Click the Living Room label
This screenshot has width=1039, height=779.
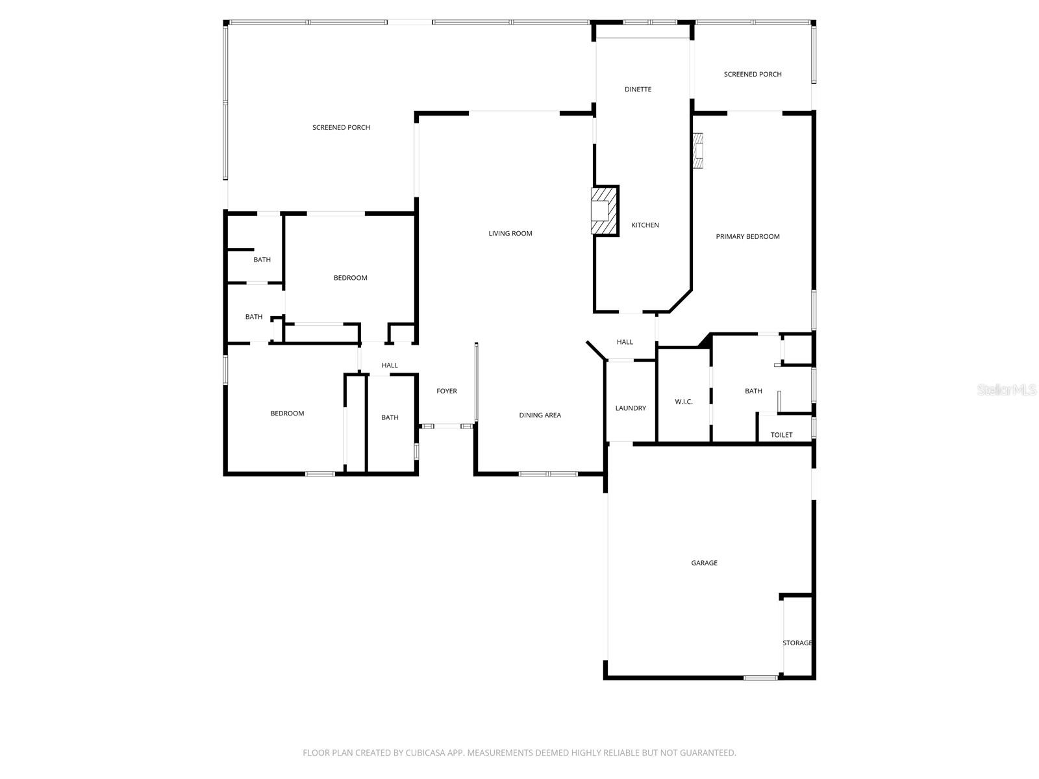tap(510, 234)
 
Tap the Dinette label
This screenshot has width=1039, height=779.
tap(638, 90)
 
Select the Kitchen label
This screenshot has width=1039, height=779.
tap(645, 225)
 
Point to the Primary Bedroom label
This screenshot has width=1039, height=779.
tap(747, 237)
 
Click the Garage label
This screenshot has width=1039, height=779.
tap(704, 563)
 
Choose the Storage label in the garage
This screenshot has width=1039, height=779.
tap(797, 643)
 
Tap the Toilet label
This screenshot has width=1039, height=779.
tap(781, 435)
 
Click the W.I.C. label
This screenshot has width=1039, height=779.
tap(684, 402)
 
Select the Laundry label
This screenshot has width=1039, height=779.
tap(631, 408)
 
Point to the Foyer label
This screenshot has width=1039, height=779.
tap(447, 391)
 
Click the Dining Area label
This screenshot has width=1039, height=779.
tap(540, 415)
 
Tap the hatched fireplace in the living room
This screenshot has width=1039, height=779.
tap(604, 211)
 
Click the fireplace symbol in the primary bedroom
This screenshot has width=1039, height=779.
tap(698, 151)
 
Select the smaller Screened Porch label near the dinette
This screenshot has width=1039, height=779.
tap(753, 75)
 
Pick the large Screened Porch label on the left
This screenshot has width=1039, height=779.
tap(341, 128)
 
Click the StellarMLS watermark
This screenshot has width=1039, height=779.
tap(1007, 390)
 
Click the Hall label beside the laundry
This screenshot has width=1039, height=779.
tap(625, 342)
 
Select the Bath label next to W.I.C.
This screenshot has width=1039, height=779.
tap(753, 391)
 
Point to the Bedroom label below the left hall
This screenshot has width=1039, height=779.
tap(287, 414)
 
